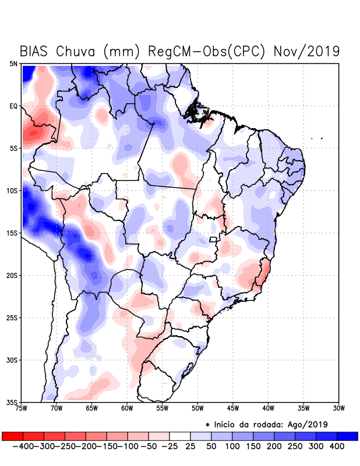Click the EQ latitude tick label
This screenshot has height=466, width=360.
pos(13,106)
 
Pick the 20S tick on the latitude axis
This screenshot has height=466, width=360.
pos(12,276)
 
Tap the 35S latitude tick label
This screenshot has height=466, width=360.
pos(12,403)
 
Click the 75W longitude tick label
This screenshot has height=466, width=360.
pos(22,408)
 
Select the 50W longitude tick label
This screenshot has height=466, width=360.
pos(198,408)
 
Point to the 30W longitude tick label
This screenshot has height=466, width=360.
pos(339,408)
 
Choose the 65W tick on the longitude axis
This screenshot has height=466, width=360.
pos(92,408)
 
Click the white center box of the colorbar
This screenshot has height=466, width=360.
pos(180,436)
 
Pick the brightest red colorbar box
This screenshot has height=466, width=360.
pos(12,436)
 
